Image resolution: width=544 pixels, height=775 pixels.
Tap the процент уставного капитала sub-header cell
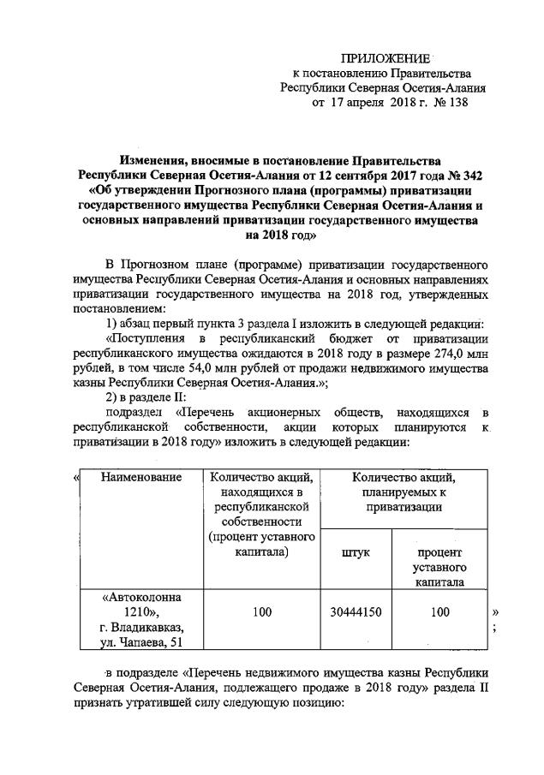439,567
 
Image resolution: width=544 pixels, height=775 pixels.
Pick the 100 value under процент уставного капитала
439,612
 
